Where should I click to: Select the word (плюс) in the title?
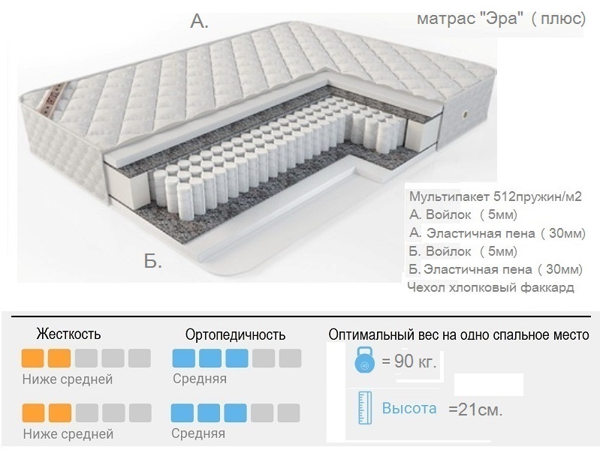557,19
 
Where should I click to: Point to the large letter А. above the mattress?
199,22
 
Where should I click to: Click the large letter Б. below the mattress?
153,262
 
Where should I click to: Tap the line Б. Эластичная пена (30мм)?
496,269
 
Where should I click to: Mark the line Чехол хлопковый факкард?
490,287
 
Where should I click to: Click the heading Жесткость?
68,334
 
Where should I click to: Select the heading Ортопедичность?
235,334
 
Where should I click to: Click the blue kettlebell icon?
363,362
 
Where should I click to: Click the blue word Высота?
409,409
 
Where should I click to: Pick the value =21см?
475,410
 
